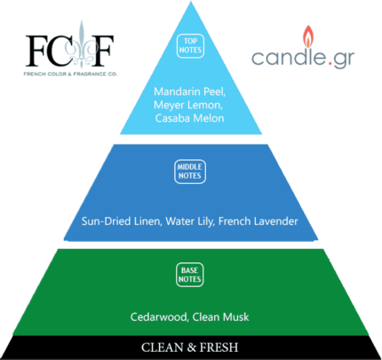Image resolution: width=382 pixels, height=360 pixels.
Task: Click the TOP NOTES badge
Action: [x=190, y=45]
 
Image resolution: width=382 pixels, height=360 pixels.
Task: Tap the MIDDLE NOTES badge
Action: [x=190, y=172]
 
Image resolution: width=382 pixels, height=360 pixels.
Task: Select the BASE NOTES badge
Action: [x=190, y=275]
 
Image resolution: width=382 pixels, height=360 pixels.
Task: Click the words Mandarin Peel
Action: [x=190, y=92]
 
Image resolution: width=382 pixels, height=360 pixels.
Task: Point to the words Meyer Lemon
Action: [x=188, y=105]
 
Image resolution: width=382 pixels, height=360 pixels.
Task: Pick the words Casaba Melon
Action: [x=189, y=118]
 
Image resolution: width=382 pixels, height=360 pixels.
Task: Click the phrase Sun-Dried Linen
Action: [x=122, y=221]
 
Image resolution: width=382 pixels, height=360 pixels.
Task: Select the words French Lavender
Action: [x=259, y=221]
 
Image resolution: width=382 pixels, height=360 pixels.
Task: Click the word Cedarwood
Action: [x=159, y=317]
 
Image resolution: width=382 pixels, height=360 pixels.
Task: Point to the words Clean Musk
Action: [x=220, y=317]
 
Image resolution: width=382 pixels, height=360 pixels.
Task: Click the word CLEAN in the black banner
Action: [x=163, y=348]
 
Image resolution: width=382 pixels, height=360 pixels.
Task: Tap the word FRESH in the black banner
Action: [x=219, y=348]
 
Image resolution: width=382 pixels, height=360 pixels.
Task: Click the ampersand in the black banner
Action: [x=191, y=348]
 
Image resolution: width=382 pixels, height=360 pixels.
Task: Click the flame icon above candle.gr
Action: [x=308, y=36]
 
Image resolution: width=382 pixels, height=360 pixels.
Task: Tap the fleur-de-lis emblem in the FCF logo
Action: [x=81, y=44]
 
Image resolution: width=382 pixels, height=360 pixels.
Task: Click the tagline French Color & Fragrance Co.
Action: [x=70, y=74]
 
